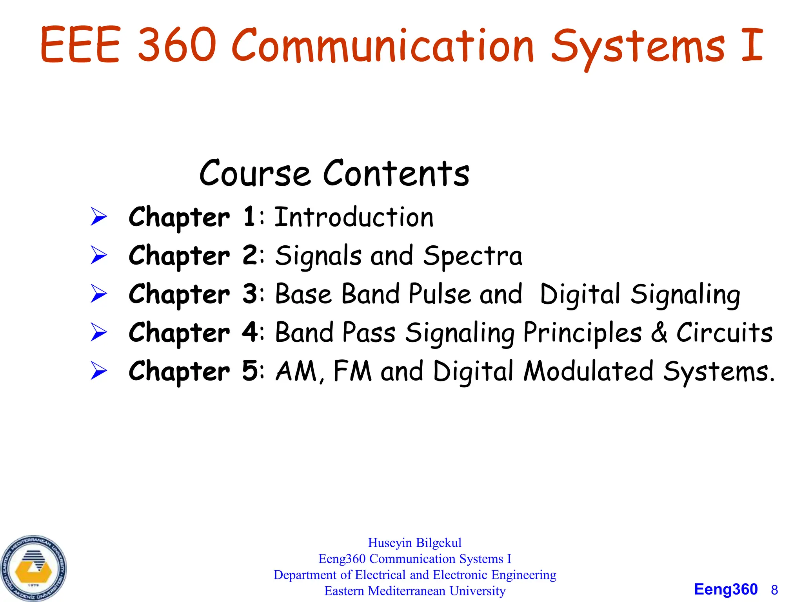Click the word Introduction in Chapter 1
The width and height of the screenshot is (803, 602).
pos(354,217)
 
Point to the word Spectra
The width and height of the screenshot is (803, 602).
pos(472,256)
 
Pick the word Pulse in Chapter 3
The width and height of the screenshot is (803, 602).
pos(440,294)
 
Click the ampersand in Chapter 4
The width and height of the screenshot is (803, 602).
pos(659,332)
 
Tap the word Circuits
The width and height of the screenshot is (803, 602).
pos(725,332)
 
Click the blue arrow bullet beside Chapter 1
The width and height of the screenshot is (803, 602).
pos(98,217)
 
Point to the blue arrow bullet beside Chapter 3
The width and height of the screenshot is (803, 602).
pos(98,294)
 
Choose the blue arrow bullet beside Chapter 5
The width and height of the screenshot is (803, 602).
pos(98,371)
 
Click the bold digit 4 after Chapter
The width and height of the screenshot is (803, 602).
pos(250,332)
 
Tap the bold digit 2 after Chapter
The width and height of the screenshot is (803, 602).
pos(250,256)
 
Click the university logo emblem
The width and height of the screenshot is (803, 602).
pos(33,569)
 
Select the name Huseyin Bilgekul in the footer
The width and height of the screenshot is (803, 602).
pos(414,543)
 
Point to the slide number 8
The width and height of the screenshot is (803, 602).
pos(774,590)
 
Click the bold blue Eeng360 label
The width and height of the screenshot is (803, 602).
pos(726,589)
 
